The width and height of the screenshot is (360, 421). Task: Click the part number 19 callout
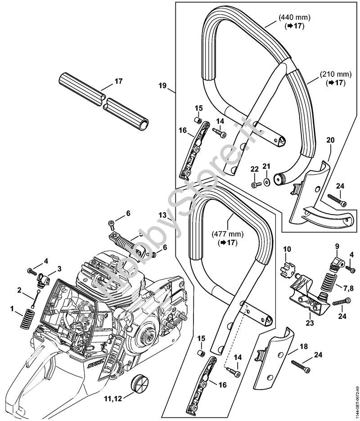pos(162,85)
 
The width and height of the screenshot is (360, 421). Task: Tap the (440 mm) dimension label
pos(295,18)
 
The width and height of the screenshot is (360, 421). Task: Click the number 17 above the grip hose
pos(118,81)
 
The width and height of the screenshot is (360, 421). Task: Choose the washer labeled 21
pos(267,182)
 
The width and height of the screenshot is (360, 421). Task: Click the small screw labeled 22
pos(255,184)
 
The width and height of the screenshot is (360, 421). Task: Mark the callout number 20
pos(330,141)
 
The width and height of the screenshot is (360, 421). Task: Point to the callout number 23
pos(309,322)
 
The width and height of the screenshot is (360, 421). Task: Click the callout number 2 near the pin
pos(19,290)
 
